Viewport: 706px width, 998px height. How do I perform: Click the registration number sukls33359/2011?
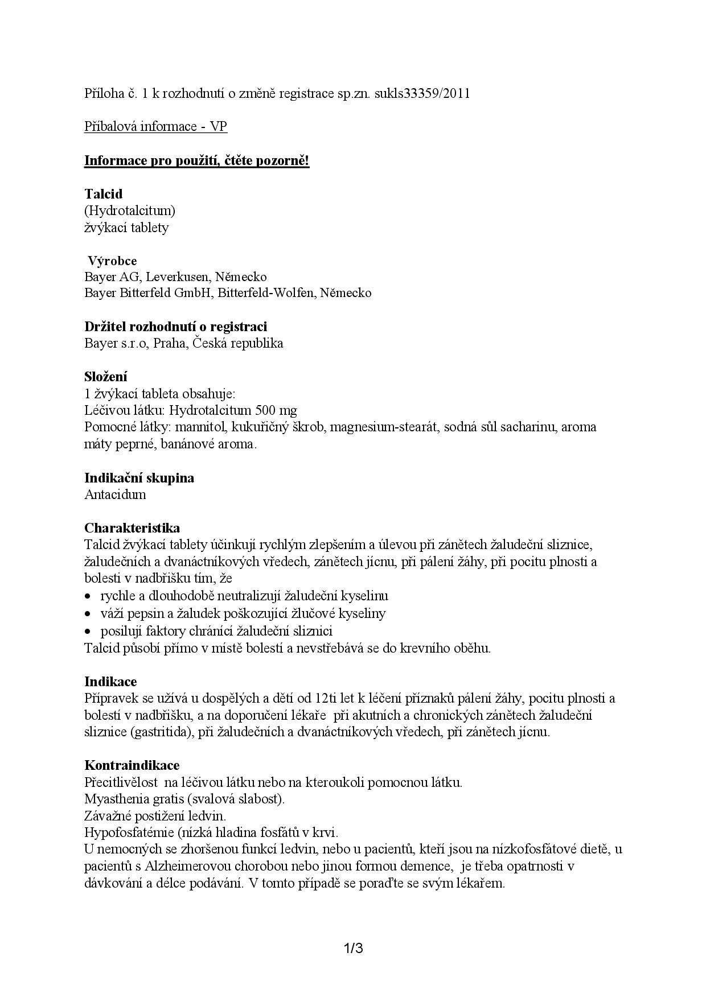point(422,93)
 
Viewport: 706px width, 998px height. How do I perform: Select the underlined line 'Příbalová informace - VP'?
point(155,126)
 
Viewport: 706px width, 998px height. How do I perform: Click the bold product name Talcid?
point(103,193)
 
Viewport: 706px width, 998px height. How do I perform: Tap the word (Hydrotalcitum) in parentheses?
point(130,211)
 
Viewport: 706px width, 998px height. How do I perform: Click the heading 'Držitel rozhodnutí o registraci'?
point(175,327)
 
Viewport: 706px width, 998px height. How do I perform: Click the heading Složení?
point(106,377)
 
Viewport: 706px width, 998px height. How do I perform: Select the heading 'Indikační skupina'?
point(139,477)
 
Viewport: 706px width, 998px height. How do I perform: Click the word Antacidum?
point(115,494)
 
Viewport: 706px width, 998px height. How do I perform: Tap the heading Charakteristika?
point(132,527)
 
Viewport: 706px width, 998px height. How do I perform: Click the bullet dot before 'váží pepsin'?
point(88,614)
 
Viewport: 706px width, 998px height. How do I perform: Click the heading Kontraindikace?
point(132,765)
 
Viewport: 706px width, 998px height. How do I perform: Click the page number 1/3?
point(353,948)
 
